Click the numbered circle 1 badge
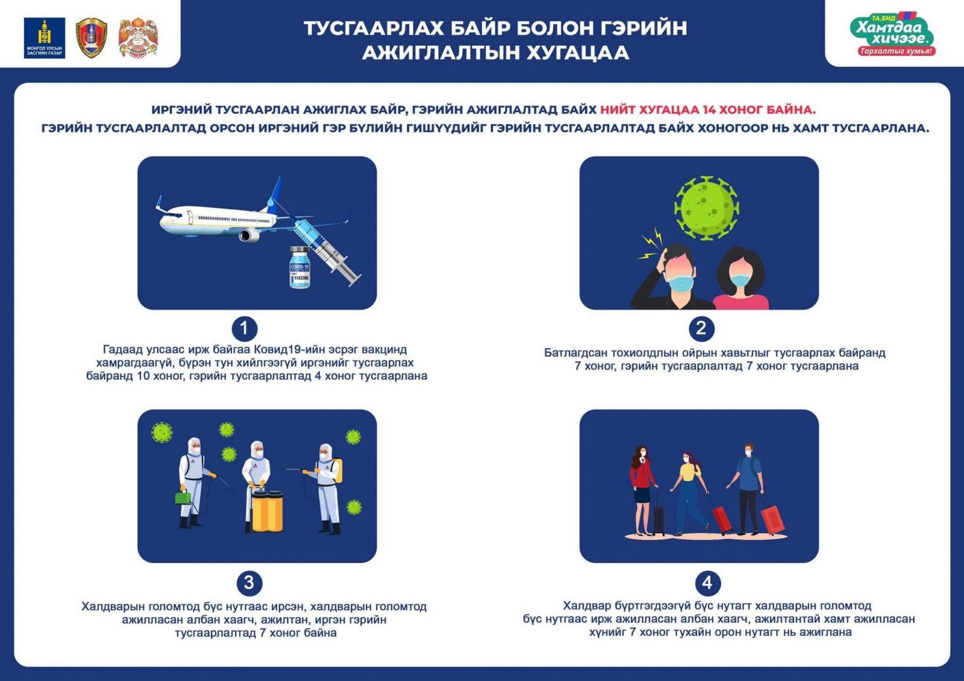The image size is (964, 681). [x=244, y=328]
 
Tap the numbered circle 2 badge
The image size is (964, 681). [x=701, y=328]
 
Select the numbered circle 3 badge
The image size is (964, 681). [x=248, y=582]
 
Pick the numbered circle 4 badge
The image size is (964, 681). [x=707, y=582]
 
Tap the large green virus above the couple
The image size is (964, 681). [x=706, y=208]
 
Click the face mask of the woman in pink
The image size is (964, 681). [x=740, y=279]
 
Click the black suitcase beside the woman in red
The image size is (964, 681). [x=659, y=519]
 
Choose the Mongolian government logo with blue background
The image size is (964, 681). [x=44, y=38]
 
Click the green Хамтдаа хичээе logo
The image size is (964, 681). [x=894, y=34]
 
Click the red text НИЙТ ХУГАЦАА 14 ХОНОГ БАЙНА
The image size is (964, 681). [x=707, y=110]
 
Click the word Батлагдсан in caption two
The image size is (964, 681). [x=575, y=353]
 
